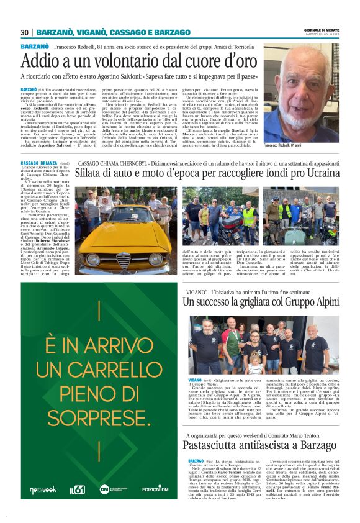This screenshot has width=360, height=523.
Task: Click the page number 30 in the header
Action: tap(25, 32)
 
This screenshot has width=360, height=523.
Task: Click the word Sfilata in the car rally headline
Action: tap(92, 174)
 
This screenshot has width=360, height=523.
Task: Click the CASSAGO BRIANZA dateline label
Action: tap(38, 163)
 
